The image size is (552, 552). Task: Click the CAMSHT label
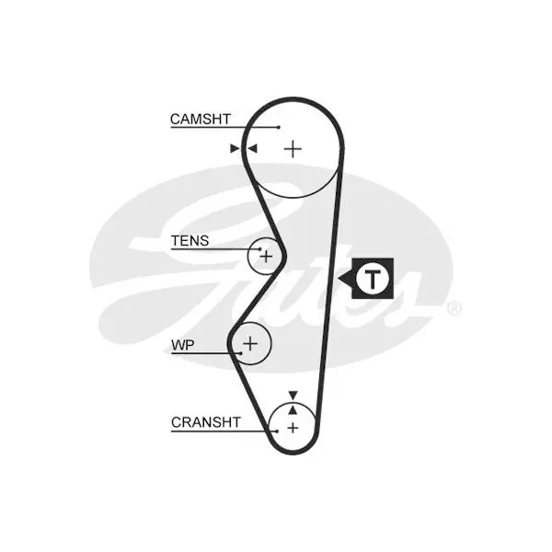201,119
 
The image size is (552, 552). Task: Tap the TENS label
190,241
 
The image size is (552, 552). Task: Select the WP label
183,345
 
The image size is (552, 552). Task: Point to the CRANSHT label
206,421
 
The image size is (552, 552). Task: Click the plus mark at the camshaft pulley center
293,149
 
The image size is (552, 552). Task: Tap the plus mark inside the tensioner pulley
266,256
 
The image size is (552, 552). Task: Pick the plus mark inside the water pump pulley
250,343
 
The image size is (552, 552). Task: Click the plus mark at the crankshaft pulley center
293,428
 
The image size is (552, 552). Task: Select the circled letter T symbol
373,279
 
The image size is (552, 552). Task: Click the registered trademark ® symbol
454,309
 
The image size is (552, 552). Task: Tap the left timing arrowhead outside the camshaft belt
235,148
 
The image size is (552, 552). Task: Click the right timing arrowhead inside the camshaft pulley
252,148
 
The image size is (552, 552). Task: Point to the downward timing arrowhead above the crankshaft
293,395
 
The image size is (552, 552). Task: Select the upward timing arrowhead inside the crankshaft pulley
293,409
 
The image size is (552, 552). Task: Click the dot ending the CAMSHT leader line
279,127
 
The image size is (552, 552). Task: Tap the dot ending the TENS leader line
260,249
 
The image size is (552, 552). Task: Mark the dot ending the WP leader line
241,353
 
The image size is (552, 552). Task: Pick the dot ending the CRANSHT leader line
278,431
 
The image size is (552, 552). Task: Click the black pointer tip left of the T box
339,279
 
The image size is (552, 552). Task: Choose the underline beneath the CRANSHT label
224,431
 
